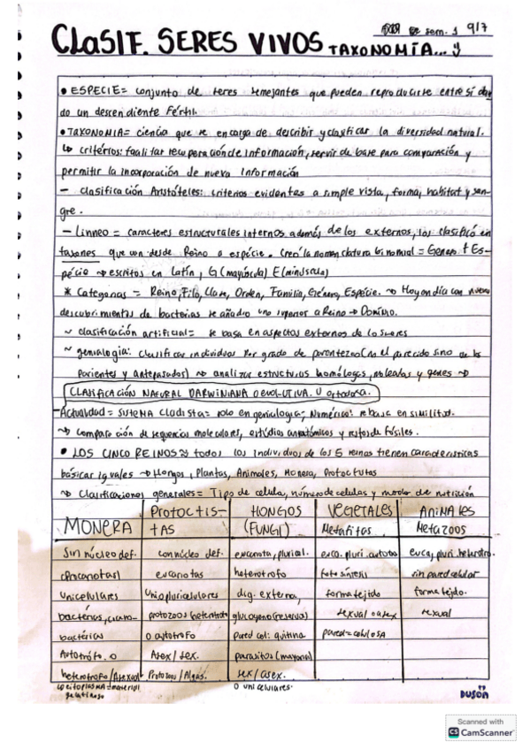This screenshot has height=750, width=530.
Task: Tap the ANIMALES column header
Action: pyautogui.click(x=448, y=513)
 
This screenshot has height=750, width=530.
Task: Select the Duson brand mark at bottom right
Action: pyautogui.click(x=474, y=694)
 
